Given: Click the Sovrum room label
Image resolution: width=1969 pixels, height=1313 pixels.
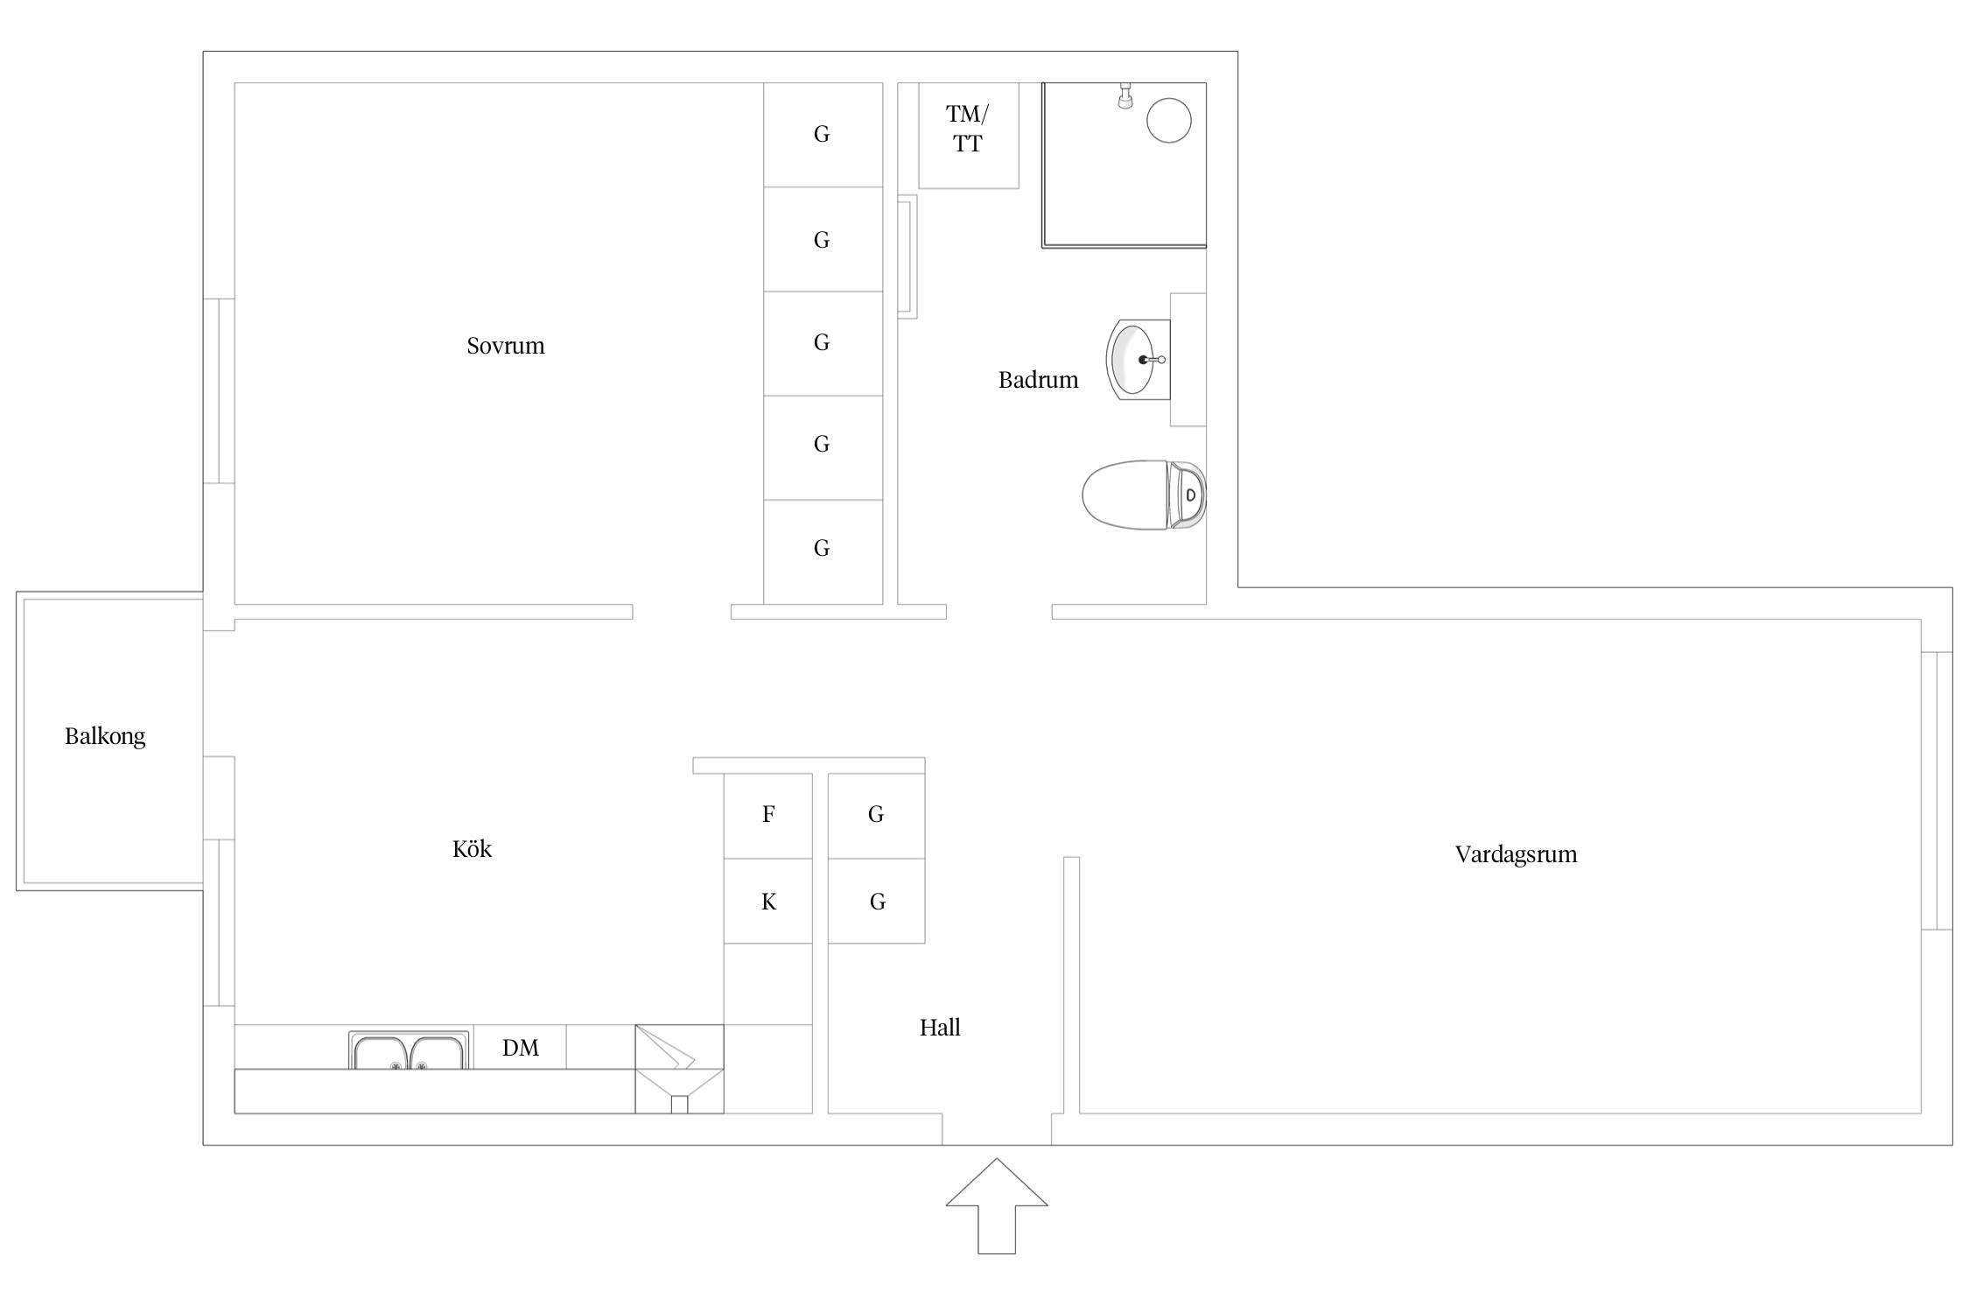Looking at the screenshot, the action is coord(505,346).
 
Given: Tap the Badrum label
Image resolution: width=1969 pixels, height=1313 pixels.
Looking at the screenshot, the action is coord(1038,380).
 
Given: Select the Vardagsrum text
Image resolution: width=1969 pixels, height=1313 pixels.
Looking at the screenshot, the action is coord(1516,854).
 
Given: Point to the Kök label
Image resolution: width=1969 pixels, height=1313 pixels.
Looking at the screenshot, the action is coord(472,848).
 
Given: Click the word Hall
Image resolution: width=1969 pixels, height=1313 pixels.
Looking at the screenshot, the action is coord(940,1028).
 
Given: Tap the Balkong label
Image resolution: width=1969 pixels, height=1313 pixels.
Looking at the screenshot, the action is coord(105,736).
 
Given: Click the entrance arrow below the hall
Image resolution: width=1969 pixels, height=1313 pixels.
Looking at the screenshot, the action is coord(997,1206).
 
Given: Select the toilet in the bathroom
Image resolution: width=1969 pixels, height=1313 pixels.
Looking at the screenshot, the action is coord(1144,495).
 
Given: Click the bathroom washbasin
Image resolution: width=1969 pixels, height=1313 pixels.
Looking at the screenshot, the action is coord(1139,360).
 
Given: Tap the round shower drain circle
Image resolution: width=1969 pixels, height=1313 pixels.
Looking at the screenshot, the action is coord(1168,120).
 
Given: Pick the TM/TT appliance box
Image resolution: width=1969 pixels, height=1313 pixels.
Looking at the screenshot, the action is coord(969,136).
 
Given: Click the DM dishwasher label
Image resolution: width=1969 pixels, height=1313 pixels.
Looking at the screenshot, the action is coord(521,1048).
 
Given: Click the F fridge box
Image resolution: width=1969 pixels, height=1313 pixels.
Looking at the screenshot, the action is coord(768,816).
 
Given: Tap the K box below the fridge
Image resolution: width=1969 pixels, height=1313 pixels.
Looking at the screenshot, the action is coord(768,901).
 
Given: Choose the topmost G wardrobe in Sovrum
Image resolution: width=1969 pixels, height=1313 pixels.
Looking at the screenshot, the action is coord(823,135).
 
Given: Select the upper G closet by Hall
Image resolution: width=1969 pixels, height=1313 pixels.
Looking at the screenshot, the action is coord(876,816).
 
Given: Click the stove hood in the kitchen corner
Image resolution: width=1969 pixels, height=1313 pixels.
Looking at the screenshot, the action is coord(679,1069).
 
